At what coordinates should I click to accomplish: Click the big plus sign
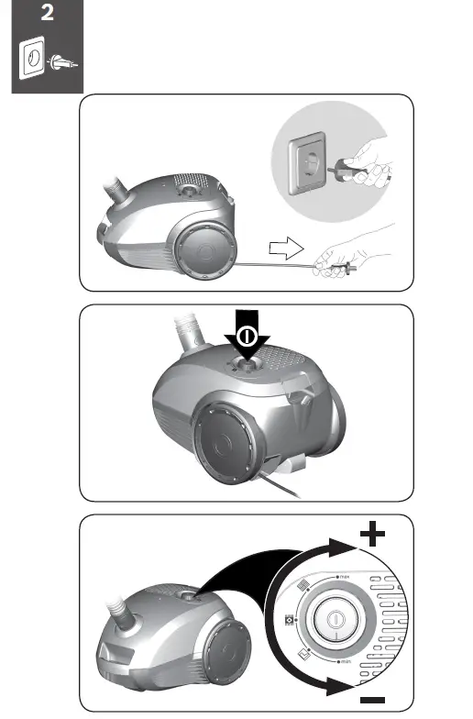pos(372,536)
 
